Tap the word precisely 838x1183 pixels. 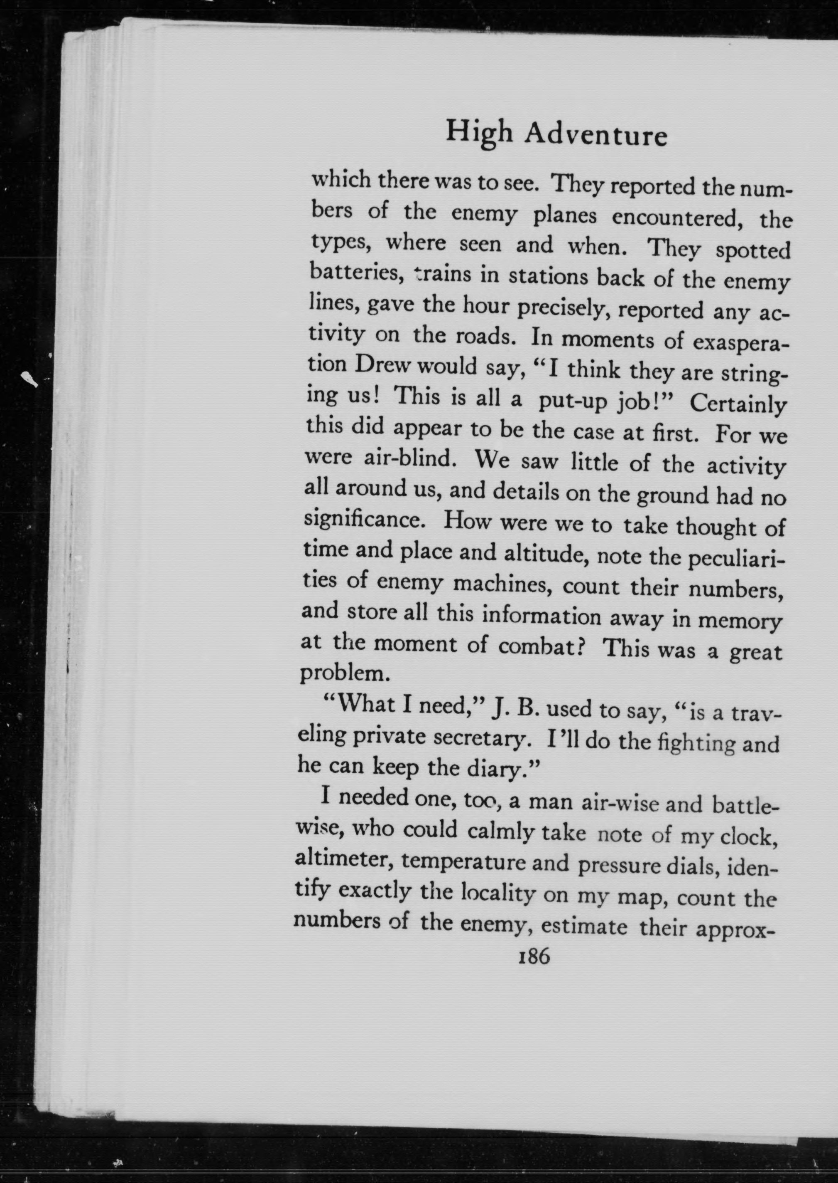562,308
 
